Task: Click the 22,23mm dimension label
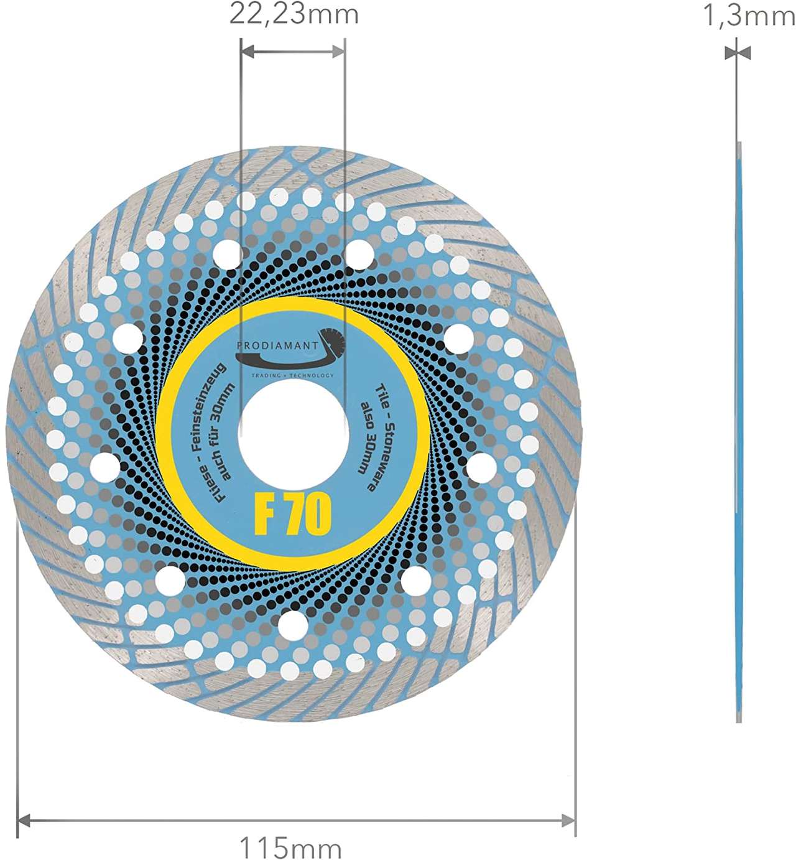(294, 14)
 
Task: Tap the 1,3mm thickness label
(748, 16)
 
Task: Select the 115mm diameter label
(290, 847)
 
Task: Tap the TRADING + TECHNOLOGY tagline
(292, 375)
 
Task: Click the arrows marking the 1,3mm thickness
(738, 53)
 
